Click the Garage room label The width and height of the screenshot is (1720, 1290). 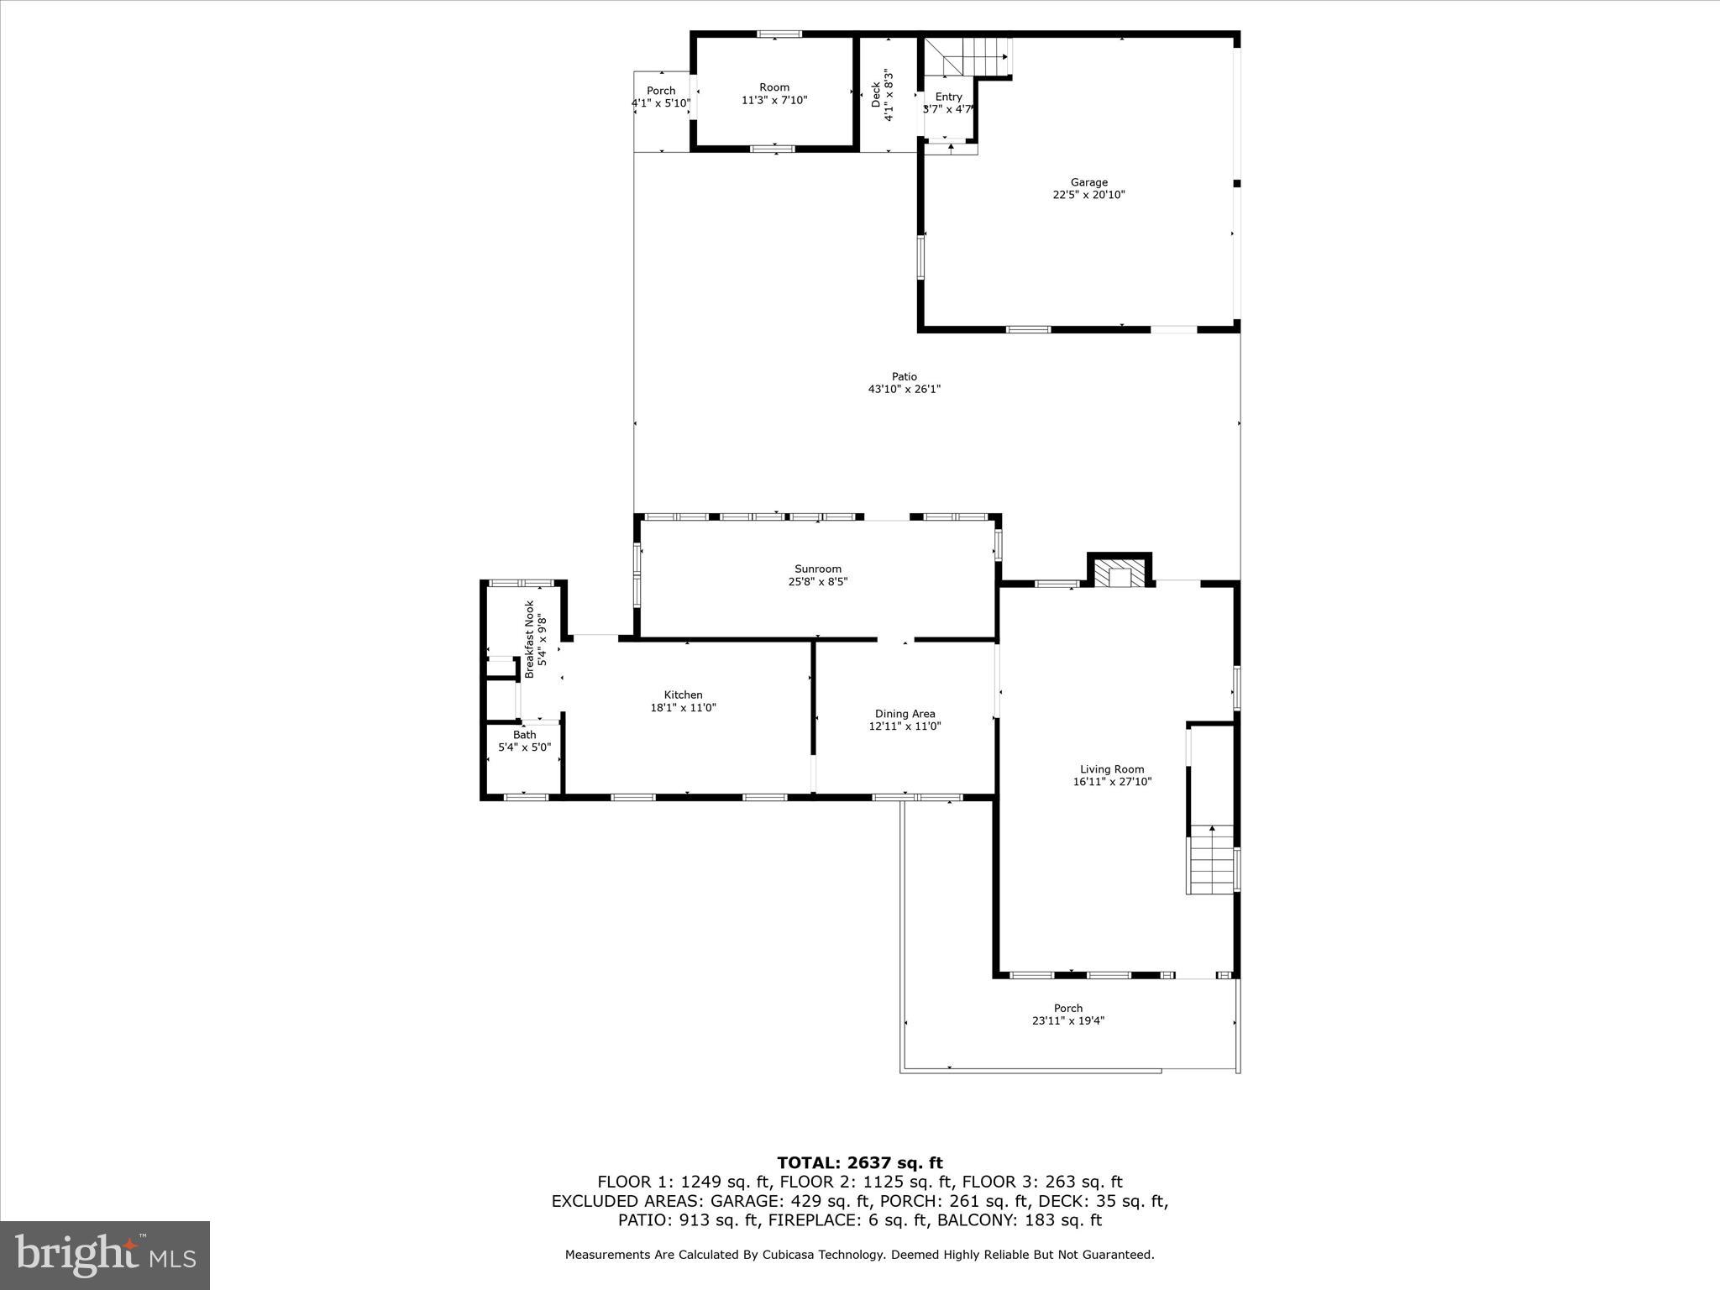pos(1088,182)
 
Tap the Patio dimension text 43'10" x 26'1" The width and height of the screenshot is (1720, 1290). pos(904,390)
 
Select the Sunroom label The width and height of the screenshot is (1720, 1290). pos(818,569)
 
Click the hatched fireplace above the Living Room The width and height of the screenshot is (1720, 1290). pos(1120,575)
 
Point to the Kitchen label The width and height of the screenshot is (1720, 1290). pos(683,695)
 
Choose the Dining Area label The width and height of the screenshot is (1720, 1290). pos(905,714)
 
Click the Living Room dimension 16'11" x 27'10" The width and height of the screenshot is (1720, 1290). pos(1112,782)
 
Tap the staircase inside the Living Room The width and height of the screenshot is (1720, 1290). pos(1211,861)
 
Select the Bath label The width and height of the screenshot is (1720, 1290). pos(524,735)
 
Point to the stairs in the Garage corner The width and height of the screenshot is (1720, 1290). pos(974,56)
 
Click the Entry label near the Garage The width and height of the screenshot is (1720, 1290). pos(949,97)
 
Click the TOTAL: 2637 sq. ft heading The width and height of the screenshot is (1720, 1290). pos(859,1163)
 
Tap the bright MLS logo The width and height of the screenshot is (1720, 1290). pos(105,1256)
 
